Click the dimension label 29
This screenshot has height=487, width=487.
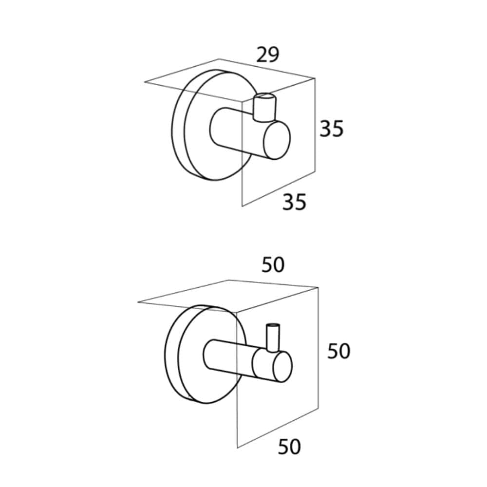(268, 55)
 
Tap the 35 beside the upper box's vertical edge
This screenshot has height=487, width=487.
(332, 128)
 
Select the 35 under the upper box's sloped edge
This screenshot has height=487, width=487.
(294, 202)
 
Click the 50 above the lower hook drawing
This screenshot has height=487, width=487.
(273, 265)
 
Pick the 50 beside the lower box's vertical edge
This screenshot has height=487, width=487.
(339, 351)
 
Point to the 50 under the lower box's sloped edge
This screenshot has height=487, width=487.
(289, 447)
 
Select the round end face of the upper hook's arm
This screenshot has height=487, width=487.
(277, 140)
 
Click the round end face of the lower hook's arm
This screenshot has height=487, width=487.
(282, 367)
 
